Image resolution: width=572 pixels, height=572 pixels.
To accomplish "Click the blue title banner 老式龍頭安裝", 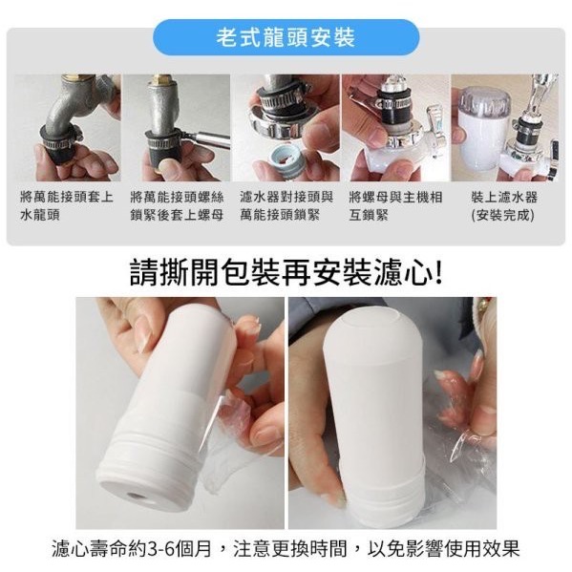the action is tap(286, 37).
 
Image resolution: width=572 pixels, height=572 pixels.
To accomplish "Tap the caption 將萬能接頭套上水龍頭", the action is tap(67, 206).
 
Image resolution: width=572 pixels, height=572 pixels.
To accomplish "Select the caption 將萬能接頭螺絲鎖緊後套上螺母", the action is tap(177, 206).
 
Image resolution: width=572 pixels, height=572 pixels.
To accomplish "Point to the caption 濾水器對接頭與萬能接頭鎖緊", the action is tap(286, 206).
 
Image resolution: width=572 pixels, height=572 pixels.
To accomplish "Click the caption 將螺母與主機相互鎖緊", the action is tap(395, 206).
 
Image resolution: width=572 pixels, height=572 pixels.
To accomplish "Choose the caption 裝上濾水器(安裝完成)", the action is tap(504, 206).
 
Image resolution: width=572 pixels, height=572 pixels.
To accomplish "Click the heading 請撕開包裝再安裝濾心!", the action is tap(286, 272).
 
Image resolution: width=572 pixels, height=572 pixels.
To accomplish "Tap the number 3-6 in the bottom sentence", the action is tap(160, 548).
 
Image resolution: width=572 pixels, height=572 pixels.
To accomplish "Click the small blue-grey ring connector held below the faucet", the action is tap(286, 158).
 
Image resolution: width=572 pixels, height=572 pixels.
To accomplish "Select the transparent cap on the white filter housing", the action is tap(483, 99).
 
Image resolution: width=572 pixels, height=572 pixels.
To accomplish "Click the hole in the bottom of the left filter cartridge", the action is tap(136, 497).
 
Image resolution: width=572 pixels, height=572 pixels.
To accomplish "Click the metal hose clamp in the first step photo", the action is tap(61, 138).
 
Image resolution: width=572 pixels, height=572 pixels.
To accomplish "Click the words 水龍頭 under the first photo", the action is tap(40, 215).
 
